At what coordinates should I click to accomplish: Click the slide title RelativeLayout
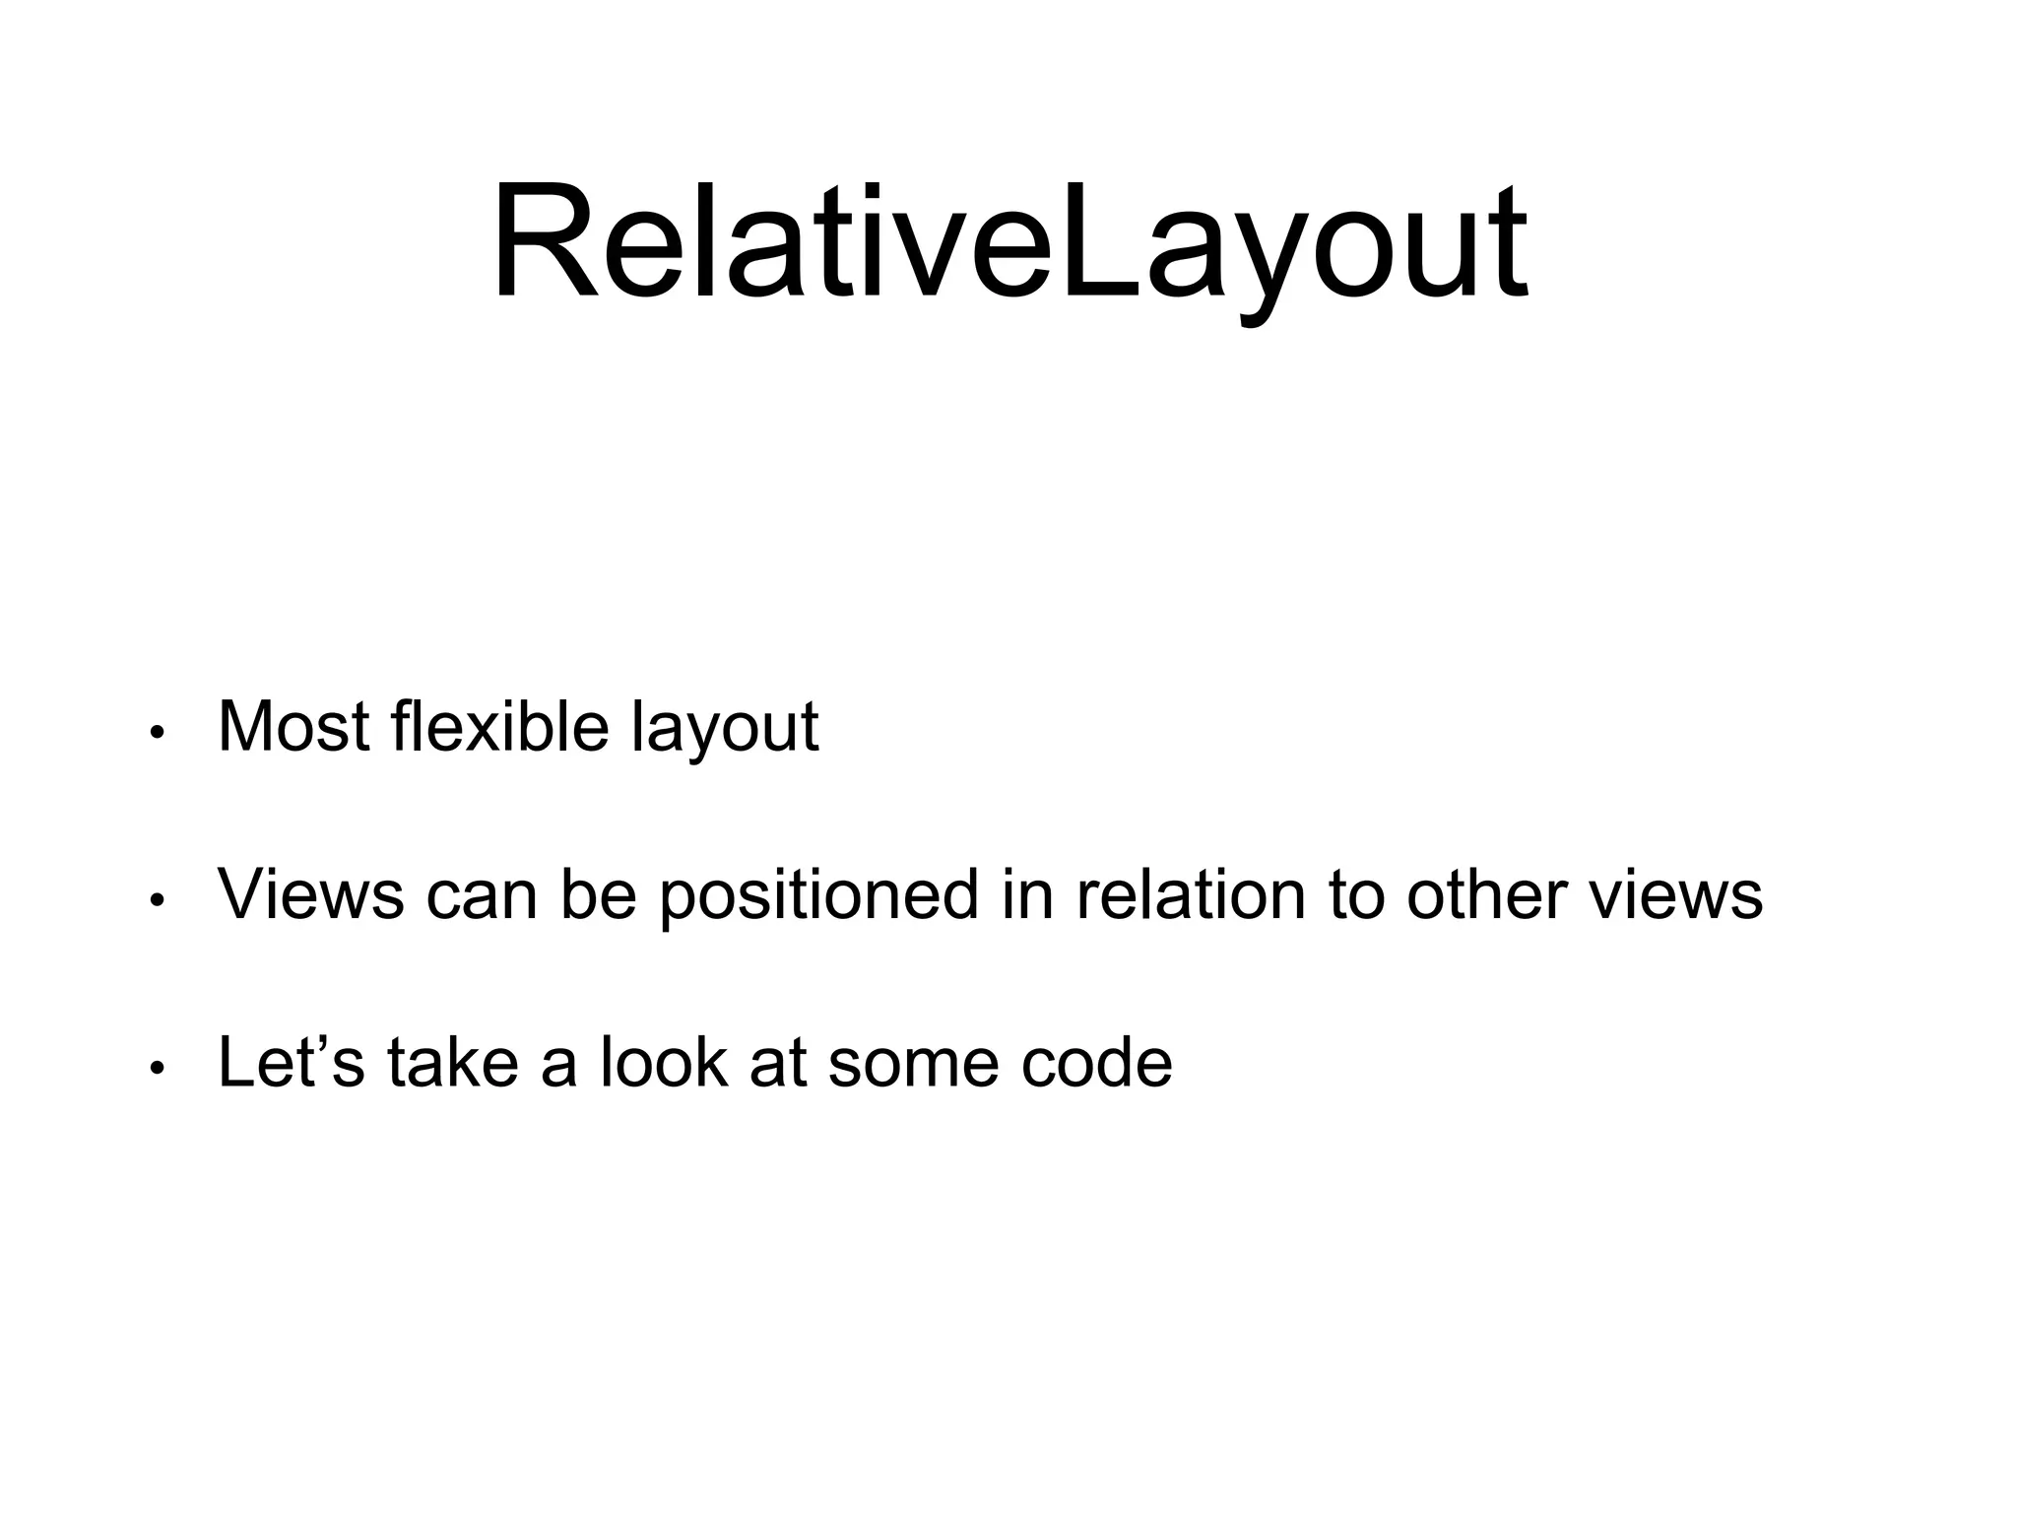click(1008, 241)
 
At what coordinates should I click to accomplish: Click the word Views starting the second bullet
click(310, 894)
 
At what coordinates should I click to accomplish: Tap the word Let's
click(291, 1062)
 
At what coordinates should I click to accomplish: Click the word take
click(452, 1062)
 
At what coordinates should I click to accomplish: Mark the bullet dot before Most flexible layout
click(155, 734)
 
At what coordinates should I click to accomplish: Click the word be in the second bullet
click(599, 894)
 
